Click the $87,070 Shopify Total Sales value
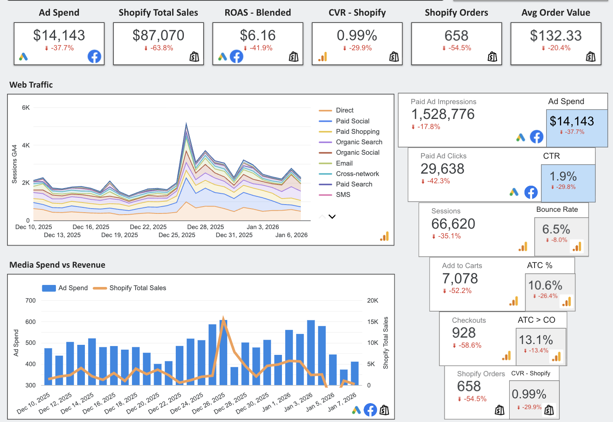point(158,35)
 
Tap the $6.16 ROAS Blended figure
point(258,35)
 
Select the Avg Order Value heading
point(556,13)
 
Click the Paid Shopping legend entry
point(357,131)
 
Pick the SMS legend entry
point(343,195)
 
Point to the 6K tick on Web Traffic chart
point(26,108)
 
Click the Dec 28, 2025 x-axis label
point(206,227)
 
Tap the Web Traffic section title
point(31,85)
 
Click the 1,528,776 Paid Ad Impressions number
point(443,115)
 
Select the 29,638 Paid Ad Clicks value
point(442,169)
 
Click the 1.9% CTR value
point(563,176)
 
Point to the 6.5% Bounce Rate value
point(556,229)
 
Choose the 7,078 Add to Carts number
point(460,279)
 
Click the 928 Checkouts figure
point(464,333)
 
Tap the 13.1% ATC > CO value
point(536,340)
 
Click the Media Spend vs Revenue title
point(57,265)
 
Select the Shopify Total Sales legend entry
point(138,288)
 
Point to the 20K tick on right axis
point(372,301)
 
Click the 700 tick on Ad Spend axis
point(31,301)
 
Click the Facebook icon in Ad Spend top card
point(95,57)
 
